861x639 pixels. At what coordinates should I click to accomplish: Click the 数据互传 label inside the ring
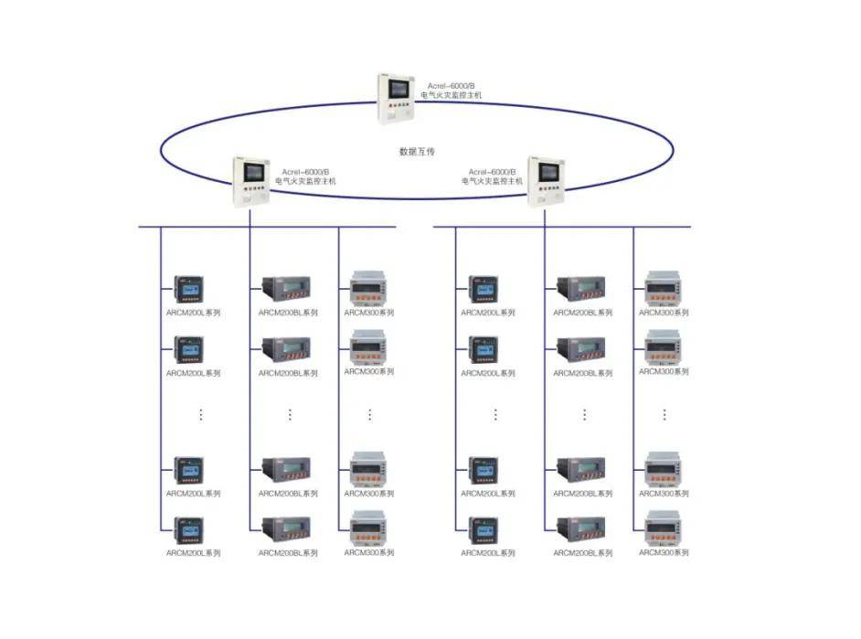[x=417, y=152]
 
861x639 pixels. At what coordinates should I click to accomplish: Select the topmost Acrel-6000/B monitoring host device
[x=396, y=99]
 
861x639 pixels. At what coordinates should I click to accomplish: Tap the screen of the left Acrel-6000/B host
[x=254, y=172]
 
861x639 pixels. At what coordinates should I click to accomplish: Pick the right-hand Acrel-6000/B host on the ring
[x=547, y=182]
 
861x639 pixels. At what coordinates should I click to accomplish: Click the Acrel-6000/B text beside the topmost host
[x=452, y=86]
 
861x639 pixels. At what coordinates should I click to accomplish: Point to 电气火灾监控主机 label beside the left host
[x=305, y=181]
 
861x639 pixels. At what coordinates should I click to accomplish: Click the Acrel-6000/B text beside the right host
[x=492, y=172]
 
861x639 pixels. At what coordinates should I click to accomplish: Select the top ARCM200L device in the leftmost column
[x=189, y=289]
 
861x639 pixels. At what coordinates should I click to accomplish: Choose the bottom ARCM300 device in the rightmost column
[x=664, y=528]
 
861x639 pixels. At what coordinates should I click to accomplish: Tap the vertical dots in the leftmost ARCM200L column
[x=201, y=414]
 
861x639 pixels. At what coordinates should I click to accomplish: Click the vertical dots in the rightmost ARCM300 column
[x=664, y=414]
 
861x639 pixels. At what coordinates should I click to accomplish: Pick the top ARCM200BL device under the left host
[x=286, y=289]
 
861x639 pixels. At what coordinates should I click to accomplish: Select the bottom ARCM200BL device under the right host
[x=581, y=529]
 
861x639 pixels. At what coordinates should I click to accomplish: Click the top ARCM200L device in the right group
[x=484, y=289]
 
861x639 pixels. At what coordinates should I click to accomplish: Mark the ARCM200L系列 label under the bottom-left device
[x=193, y=553]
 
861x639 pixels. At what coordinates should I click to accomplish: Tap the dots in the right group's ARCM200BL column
[x=584, y=414]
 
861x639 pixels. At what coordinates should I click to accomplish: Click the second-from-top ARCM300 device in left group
[x=368, y=347]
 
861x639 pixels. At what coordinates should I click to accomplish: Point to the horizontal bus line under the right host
[x=562, y=227]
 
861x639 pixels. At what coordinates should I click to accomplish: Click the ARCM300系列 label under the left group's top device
[x=369, y=313]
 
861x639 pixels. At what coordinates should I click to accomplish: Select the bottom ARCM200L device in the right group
[x=484, y=530]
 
